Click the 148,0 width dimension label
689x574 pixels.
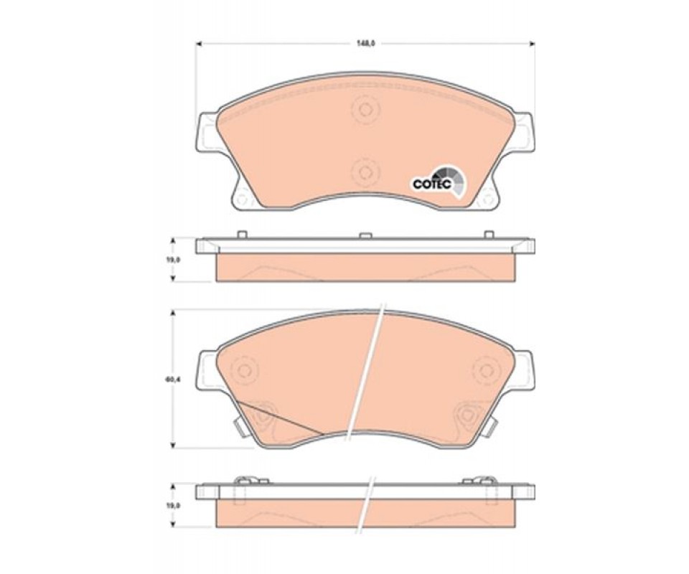(x=365, y=44)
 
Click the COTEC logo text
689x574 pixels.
(x=432, y=184)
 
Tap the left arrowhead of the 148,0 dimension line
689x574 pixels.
(x=198, y=44)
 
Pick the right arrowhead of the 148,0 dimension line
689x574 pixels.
(x=532, y=44)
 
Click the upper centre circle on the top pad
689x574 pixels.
(x=365, y=110)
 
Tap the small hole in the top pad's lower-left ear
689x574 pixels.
(x=241, y=198)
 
